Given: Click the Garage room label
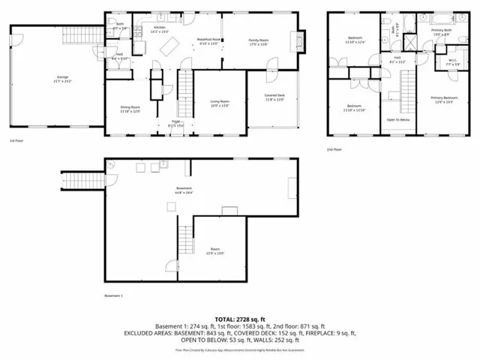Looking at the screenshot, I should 58,77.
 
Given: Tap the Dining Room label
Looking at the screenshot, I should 130,107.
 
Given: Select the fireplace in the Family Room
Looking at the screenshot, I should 303,40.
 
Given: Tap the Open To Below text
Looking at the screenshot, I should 397,119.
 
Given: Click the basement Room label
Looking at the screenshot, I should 215,250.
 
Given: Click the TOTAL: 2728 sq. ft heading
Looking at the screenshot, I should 240,319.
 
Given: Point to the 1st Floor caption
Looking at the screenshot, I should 17,140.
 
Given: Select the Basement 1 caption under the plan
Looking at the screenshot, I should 113,296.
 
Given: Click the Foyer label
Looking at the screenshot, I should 175,123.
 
